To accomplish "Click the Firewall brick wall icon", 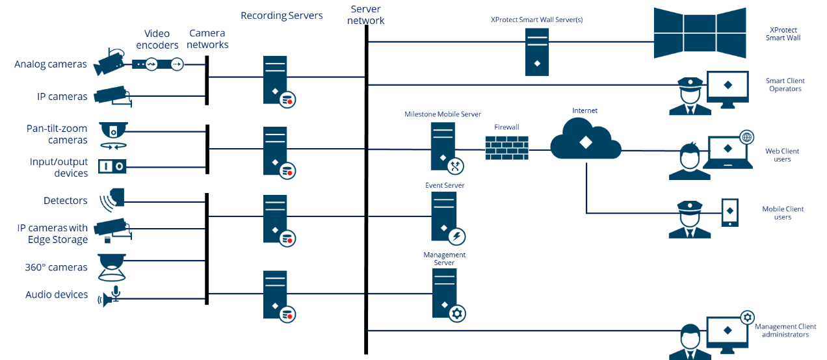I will coord(507,148).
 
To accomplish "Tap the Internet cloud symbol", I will coord(585,142).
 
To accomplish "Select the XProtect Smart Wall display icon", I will coord(699,32).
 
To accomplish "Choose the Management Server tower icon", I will coord(445,293).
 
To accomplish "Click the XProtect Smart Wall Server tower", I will coord(538,51).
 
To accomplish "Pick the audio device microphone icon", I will coord(110,296).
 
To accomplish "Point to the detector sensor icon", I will coord(112,199).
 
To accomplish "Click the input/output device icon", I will coord(112,166).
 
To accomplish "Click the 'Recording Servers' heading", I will coord(282,15).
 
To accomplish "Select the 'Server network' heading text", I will coord(365,15).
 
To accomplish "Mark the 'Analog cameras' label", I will coord(51,64).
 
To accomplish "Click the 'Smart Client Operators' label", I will coord(785,85).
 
